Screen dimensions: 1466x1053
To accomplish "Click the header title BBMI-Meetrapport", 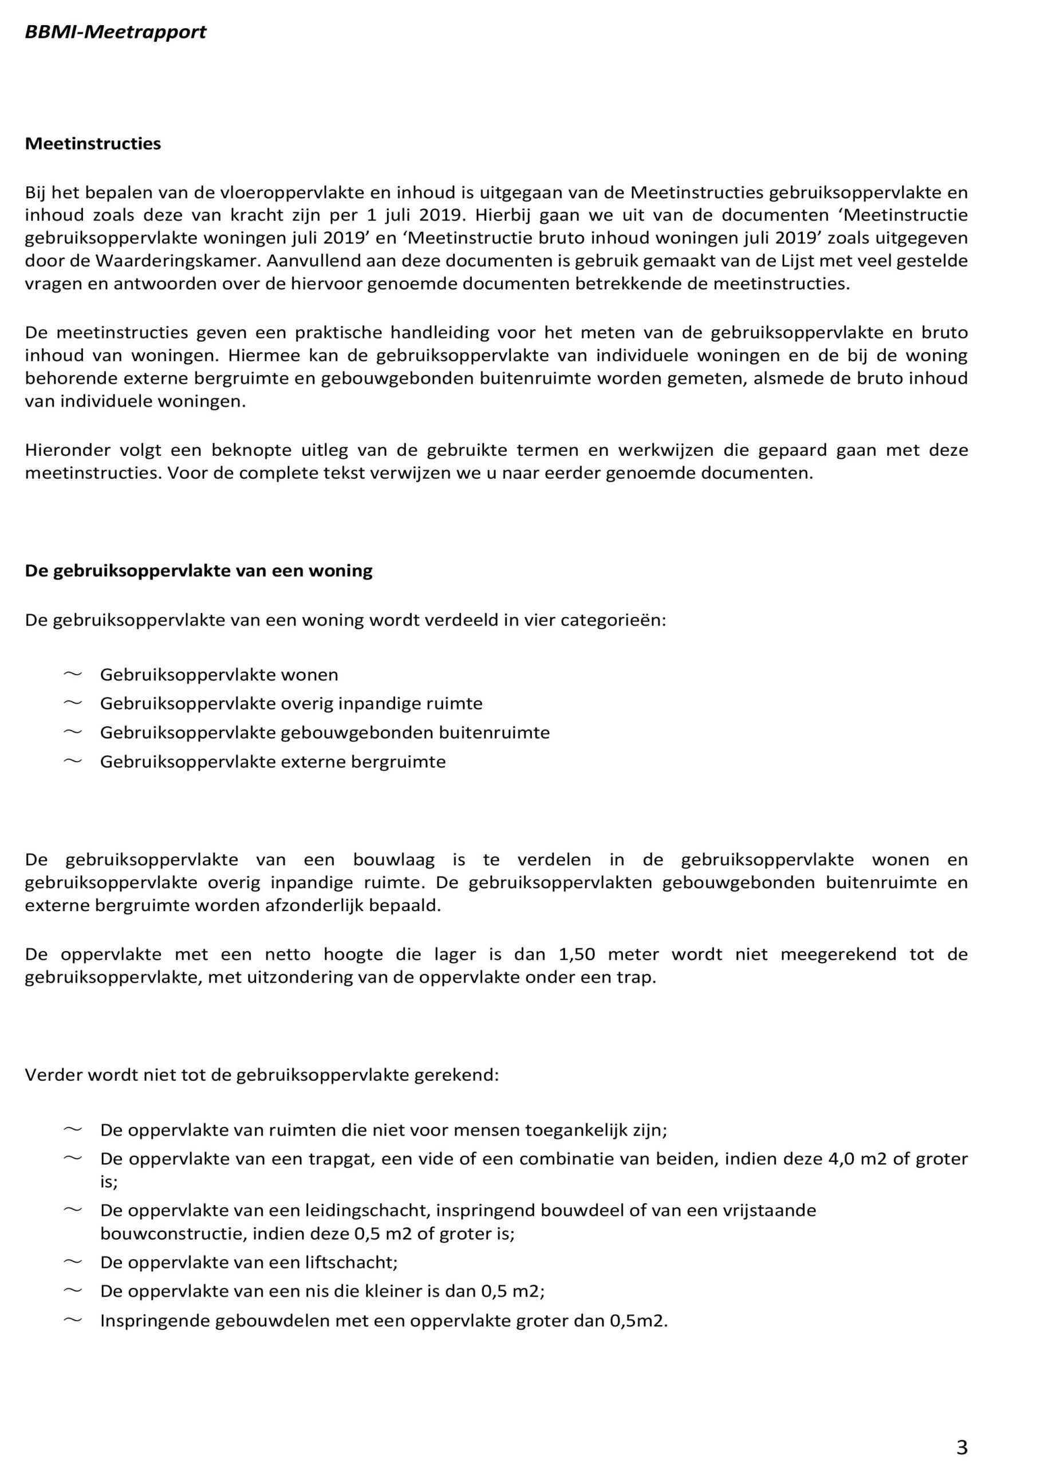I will pyautogui.click(x=115, y=31).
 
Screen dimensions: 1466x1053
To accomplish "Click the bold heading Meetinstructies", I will pyautogui.click(x=92, y=144).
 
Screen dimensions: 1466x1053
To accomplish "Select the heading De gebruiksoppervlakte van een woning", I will pyautogui.click(x=199, y=571).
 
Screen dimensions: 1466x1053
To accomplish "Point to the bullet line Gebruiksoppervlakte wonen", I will pyautogui.click(x=219, y=675).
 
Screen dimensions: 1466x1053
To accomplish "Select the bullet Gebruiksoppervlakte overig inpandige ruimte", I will pyautogui.click(x=291, y=703).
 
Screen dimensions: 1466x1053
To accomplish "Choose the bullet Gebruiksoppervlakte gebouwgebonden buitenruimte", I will pyautogui.click(x=325, y=732).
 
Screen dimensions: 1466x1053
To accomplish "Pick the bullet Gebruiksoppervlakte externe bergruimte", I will pyautogui.click(x=273, y=762).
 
